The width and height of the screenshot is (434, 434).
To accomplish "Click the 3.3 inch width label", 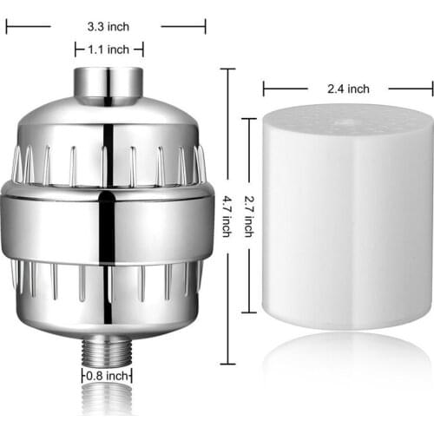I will coord(108,26).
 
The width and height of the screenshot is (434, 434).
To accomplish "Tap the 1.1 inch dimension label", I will coord(108,50).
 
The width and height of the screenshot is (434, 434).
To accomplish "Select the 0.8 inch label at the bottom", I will coord(108,376).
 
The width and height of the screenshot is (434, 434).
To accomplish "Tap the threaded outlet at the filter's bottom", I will coord(108,351).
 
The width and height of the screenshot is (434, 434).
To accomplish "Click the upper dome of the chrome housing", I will coord(108,122).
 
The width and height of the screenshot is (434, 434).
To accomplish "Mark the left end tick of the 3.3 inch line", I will coord(6,26).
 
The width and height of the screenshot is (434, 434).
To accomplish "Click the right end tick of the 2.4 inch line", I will coord(432,88).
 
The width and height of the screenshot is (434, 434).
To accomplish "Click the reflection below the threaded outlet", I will coord(108,404).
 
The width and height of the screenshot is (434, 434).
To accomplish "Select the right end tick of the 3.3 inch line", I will coord(206,26).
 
